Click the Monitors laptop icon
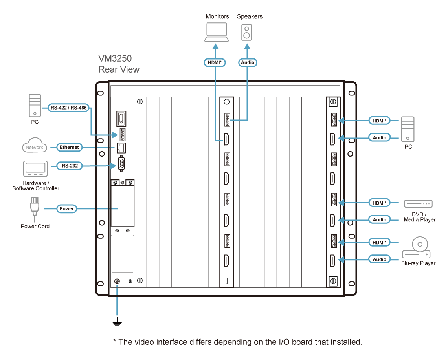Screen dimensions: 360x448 click(x=216, y=32)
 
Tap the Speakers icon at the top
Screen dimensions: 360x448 click(x=246, y=32)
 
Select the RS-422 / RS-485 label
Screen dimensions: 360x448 click(x=68, y=108)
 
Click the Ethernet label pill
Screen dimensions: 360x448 click(x=70, y=148)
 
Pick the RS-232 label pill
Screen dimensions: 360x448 click(x=70, y=166)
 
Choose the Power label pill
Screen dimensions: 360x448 click(x=66, y=209)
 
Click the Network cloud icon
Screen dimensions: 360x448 click(x=35, y=147)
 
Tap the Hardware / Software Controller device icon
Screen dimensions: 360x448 click(x=35, y=169)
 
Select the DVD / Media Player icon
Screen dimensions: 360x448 click(x=418, y=203)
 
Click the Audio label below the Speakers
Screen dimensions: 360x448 click(x=247, y=62)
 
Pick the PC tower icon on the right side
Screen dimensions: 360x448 click(x=408, y=129)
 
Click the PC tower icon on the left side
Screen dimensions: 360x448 click(x=35, y=105)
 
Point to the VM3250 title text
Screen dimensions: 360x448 click(x=115, y=59)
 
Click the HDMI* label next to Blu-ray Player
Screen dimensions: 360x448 click(x=380, y=243)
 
